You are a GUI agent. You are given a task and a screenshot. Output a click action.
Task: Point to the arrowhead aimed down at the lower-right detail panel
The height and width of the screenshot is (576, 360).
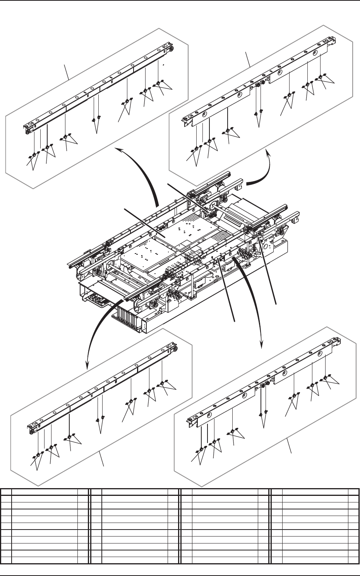[263, 345]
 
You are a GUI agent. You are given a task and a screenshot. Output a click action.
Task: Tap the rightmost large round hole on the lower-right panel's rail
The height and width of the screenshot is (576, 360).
[319, 354]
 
